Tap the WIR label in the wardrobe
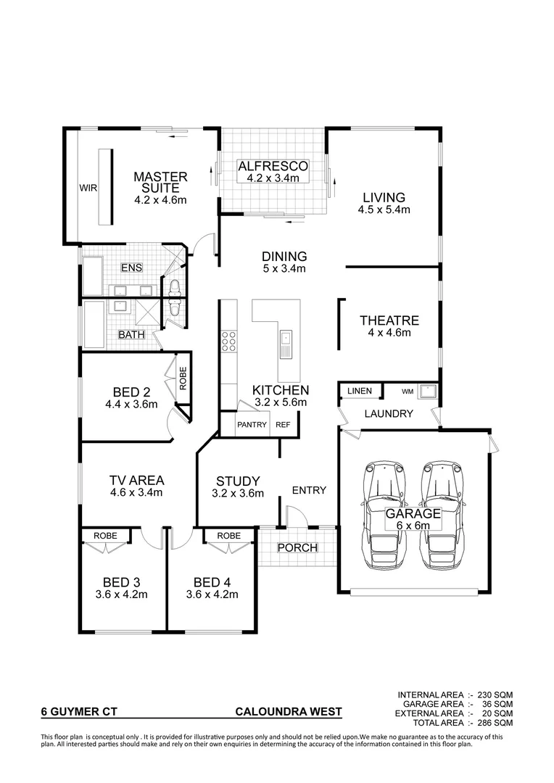[88, 188]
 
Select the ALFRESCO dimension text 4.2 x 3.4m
[273, 178]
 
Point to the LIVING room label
[384, 197]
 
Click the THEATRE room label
[389, 320]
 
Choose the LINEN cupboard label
[360, 391]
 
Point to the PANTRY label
[252, 425]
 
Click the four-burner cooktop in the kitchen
[229, 341]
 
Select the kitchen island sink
[286, 339]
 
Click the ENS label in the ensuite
[131, 268]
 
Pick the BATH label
[131, 335]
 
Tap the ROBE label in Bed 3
[104, 536]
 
